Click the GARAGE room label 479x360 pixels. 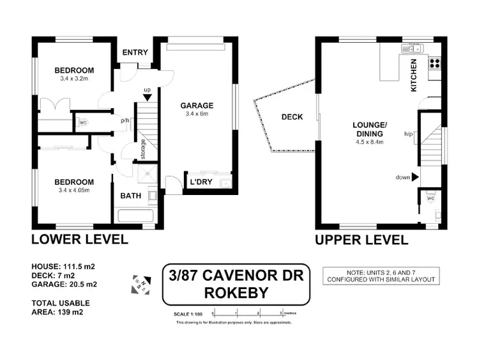[196, 106]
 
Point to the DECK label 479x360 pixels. [292, 117]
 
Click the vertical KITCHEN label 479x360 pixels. [414, 75]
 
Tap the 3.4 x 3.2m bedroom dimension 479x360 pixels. [74, 79]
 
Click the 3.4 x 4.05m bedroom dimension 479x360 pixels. [74, 191]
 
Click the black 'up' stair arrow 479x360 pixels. [148, 97]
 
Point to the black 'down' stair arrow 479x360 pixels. [415, 177]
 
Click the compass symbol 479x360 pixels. [140, 283]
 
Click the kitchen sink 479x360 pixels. [409, 49]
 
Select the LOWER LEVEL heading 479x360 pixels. [80, 240]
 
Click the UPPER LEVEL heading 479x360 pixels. [361, 240]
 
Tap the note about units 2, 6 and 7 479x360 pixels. [381, 276]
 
